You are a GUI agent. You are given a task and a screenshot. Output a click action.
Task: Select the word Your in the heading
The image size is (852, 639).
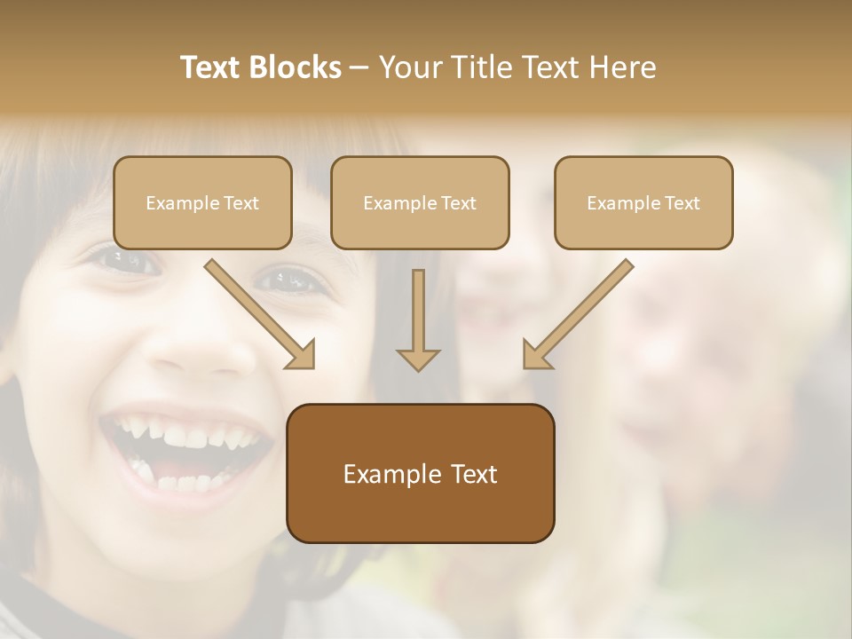pos(408,67)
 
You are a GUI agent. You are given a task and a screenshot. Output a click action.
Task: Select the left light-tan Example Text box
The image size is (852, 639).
pos(202,203)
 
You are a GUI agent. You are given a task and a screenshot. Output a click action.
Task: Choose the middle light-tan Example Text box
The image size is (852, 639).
pos(420,203)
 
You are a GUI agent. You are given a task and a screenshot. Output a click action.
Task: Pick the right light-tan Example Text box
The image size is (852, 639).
pos(643,203)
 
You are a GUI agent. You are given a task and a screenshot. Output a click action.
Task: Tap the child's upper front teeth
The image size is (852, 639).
pos(191,435)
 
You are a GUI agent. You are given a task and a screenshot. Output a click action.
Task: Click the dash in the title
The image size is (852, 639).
pos(359,68)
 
